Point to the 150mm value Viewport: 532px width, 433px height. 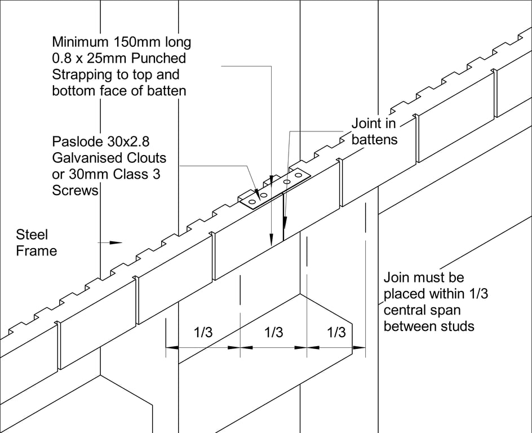tap(138, 42)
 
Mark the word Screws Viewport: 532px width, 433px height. tap(75, 191)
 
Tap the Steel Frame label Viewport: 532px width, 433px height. tap(36, 242)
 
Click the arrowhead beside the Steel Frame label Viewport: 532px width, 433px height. tap(116, 243)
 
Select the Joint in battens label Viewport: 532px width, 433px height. tap(374, 131)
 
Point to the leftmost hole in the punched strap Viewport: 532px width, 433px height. tap(252, 200)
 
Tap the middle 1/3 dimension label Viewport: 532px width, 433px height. tap(273, 333)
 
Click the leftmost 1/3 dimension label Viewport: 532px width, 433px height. tap(203, 333)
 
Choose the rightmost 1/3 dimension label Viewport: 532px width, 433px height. tap(336, 333)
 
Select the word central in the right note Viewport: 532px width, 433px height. tap(406, 310)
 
